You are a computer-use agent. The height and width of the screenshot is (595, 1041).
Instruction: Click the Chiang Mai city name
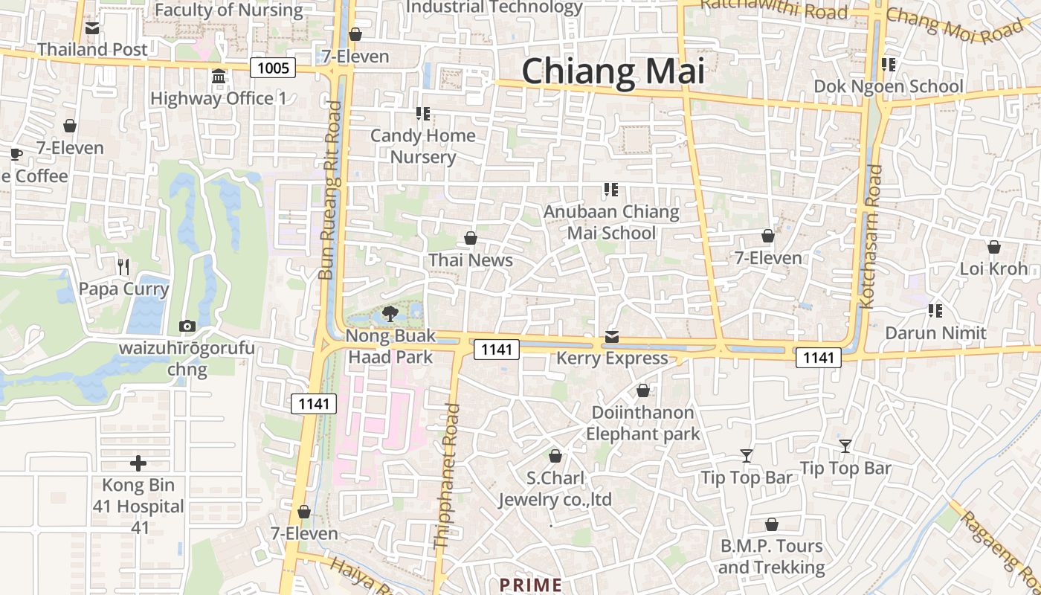click(x=613, y=71)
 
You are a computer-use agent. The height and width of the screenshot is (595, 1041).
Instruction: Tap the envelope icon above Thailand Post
click(x=92, y=28)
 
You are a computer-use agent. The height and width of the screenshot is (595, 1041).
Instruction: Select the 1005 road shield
click(x=273, y=68)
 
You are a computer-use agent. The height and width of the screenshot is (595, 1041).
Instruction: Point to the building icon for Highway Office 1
click(x=219, y=77)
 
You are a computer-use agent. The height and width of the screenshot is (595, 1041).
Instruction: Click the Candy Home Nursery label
click(x=423, y=147)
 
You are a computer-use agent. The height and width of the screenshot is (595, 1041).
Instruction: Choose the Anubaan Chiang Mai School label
click(x=611, y=222)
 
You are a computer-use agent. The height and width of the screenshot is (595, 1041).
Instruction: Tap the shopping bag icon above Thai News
click(x=471, y=238)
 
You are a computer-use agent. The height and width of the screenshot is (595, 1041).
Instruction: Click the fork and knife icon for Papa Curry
click(x=124, y=266)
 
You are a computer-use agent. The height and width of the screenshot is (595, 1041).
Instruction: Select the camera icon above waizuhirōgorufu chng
click(x=187, y=326)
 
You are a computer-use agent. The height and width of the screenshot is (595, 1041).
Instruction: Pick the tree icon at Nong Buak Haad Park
click(x=390, y=313)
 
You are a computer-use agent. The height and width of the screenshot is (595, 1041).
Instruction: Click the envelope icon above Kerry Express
click(x=611, y=337)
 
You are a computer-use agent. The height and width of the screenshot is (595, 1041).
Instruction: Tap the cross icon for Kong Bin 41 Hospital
click(x=138, y=463)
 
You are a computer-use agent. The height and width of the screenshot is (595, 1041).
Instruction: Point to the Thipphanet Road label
click(x=447, y=476)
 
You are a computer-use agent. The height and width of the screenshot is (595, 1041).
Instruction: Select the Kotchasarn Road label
click(x=871, y=237)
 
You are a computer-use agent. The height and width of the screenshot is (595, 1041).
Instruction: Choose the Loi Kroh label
click(x=993, y=268)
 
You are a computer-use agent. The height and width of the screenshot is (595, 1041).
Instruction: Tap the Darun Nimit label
click(x=935, y=332)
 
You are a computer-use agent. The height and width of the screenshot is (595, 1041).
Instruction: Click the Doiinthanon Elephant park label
click(x=643, y=423)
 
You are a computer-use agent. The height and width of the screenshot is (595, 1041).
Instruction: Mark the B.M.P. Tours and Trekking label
click(x=772, y=556)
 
